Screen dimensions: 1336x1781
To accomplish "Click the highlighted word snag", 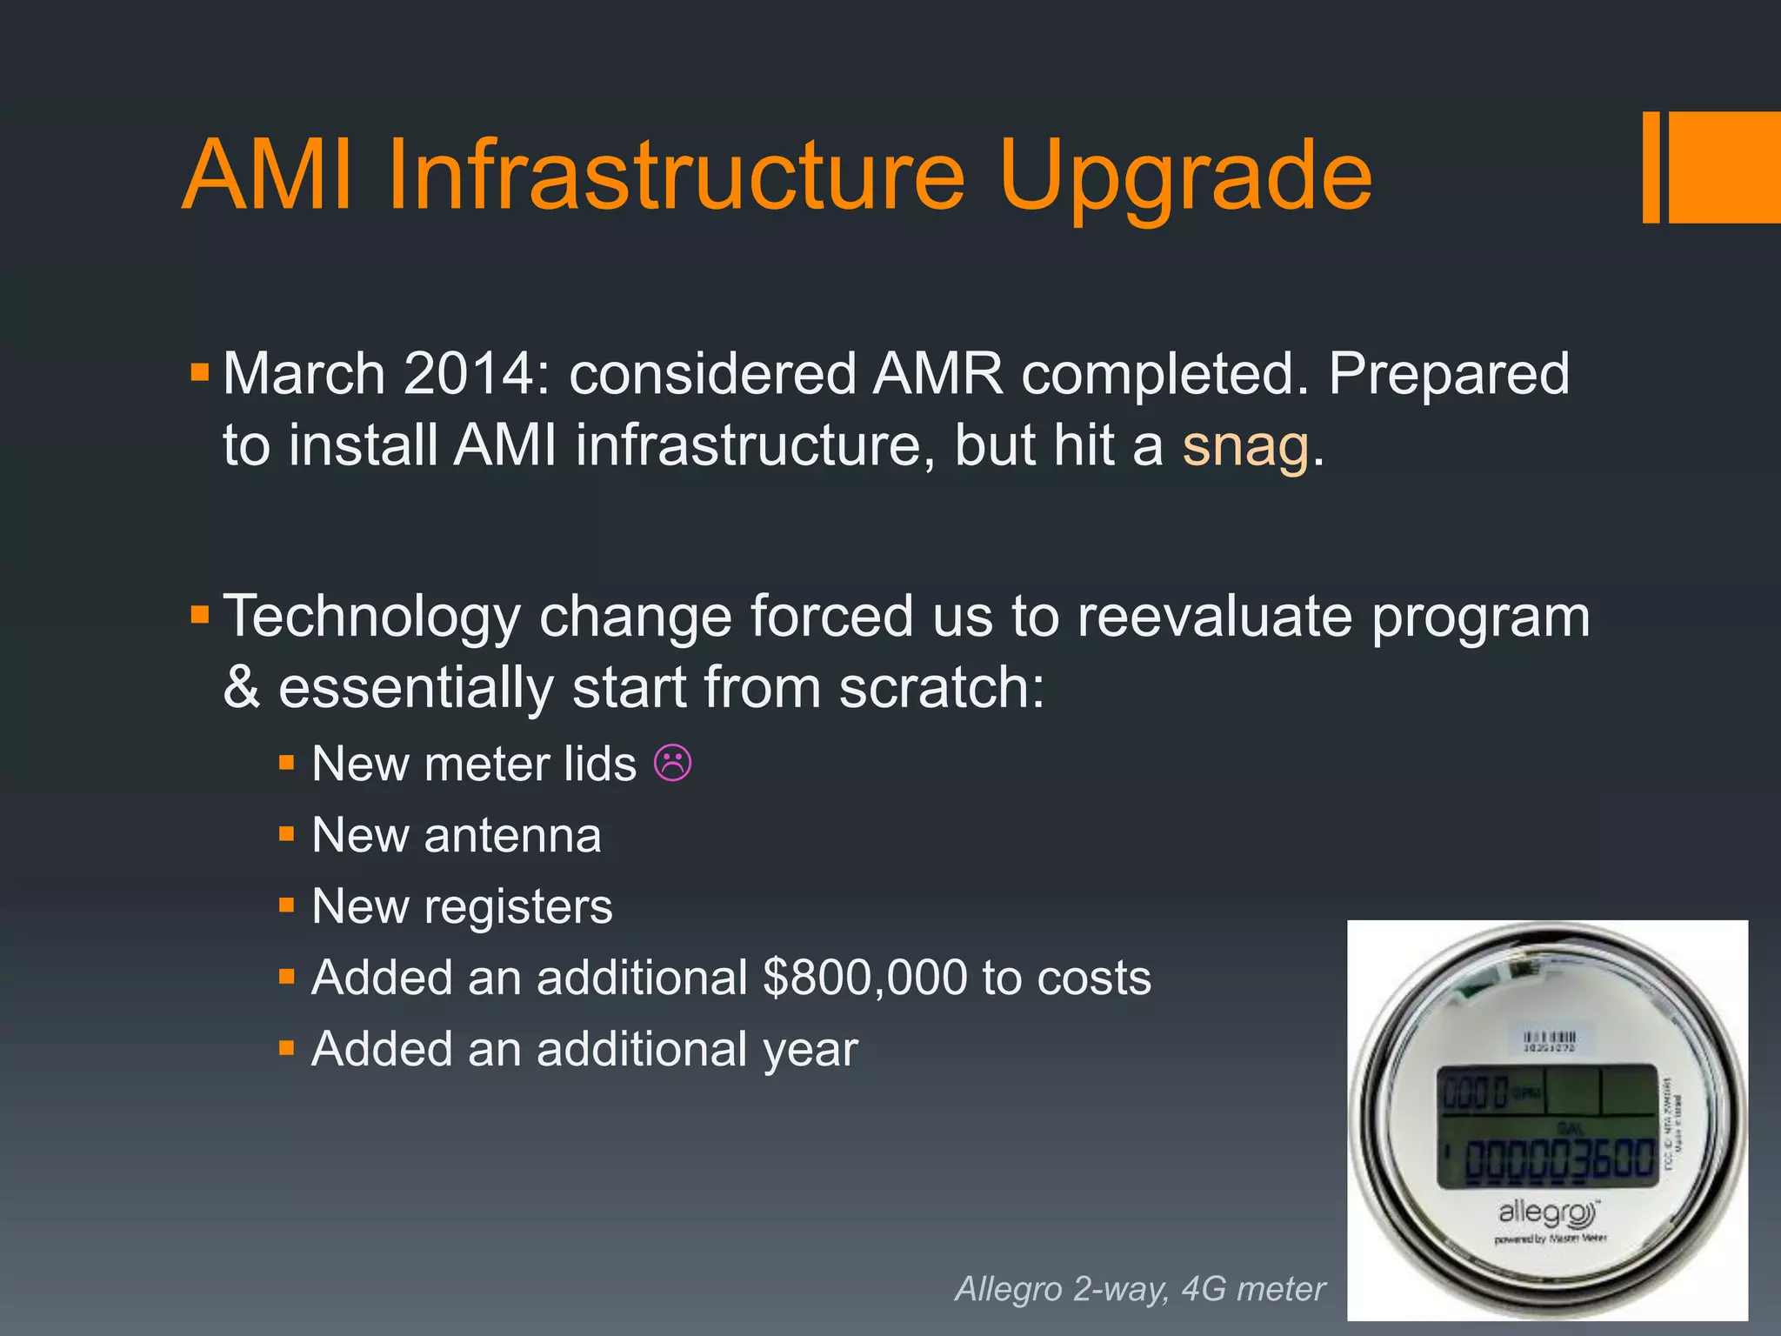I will [1244, 446].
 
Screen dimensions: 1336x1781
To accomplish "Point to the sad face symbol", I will [672, 764].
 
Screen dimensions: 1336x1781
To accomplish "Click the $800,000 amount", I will [864, 978].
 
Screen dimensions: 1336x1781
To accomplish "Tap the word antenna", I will [512, 836].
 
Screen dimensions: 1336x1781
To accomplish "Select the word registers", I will [518, 907].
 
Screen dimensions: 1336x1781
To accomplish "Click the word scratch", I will [941, 687].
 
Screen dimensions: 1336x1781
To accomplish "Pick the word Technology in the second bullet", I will [371, 617].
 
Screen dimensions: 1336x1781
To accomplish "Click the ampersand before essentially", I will [241, 687].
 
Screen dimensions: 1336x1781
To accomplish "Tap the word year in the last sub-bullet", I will [810, 1049].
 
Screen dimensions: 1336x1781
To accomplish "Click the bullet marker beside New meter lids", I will [287, 764].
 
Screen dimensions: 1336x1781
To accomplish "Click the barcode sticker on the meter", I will [1549, 1040].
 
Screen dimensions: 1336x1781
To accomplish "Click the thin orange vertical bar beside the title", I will [1651, 167].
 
